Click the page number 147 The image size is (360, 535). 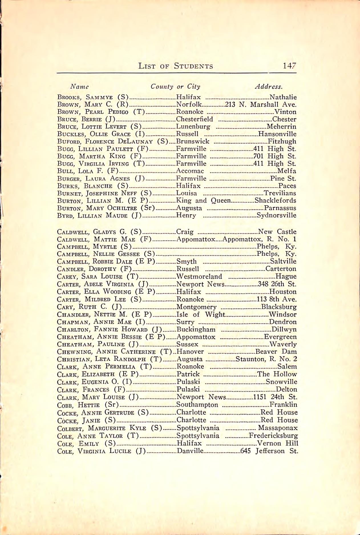290,66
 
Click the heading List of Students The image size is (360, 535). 176,66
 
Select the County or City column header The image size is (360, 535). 175,87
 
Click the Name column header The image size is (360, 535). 80,87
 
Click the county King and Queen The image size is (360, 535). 203,200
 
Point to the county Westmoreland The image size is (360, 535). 199,276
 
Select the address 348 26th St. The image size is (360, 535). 277,284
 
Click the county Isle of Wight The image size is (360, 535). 201,315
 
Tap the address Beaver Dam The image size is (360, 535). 276,352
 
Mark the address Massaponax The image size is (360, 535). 278,428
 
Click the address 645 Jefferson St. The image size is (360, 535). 269,451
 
